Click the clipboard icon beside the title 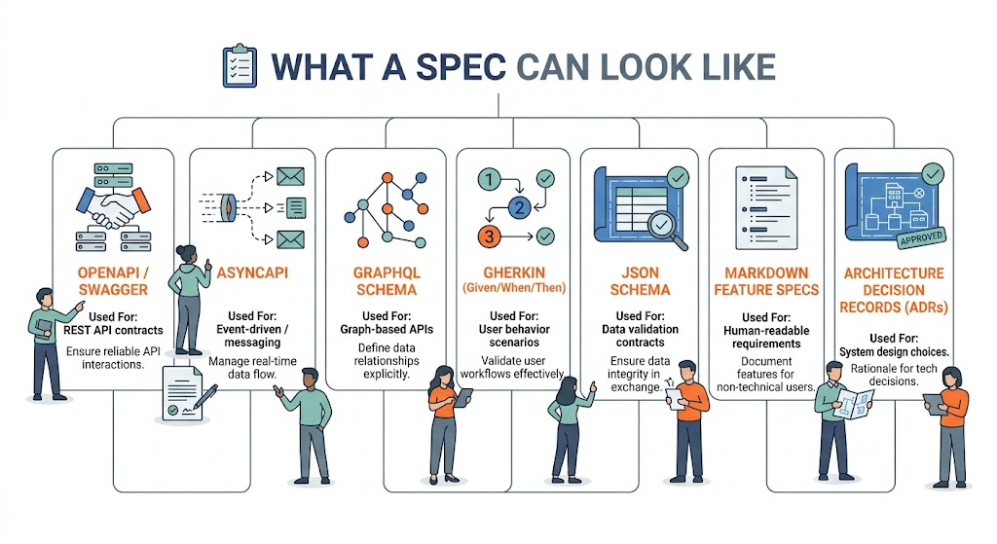(239, 65)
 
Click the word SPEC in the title (458, 66)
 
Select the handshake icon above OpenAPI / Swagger (114, 204)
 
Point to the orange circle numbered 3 (489, 236)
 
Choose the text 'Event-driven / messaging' (253, 340)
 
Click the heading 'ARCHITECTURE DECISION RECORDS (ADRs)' (893, 289)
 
